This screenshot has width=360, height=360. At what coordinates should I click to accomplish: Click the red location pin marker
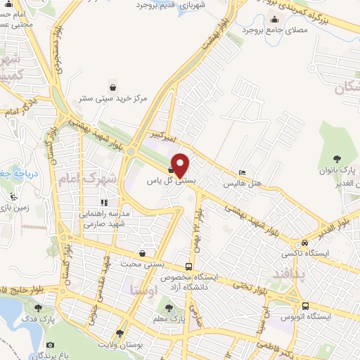[181, 165]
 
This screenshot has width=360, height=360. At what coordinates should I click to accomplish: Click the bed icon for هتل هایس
[242, 173]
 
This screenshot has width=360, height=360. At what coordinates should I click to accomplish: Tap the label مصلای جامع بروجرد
[272, 30]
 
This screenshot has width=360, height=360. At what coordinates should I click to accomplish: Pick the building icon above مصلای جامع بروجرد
[272, 19]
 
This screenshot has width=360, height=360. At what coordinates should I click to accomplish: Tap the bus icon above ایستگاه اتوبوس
[305, 306]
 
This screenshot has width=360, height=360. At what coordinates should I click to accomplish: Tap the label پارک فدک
[39, 320]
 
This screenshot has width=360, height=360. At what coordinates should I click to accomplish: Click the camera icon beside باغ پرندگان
[50, 345]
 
